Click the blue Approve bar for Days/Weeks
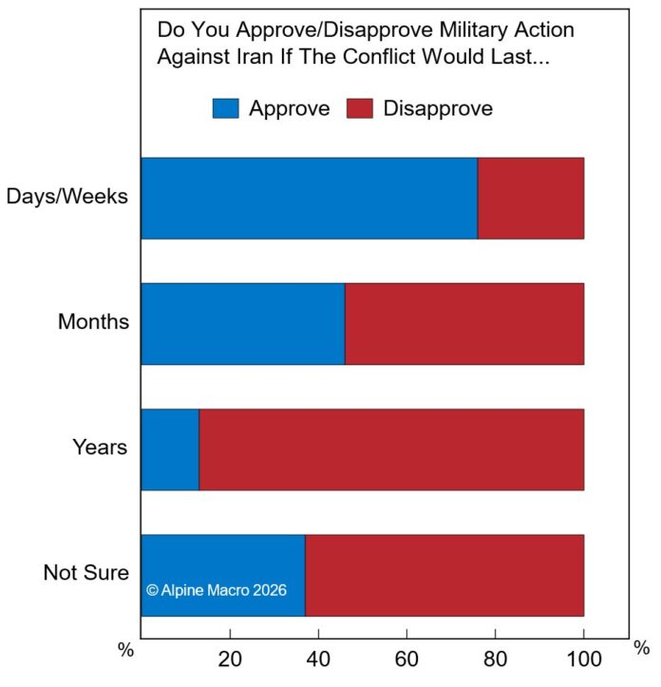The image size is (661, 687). coord(309,198)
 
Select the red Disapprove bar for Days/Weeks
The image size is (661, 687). coord(530,198)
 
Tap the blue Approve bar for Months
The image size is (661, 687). coord(242,324)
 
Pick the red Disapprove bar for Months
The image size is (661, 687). coord(463,324)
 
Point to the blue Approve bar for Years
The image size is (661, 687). coord(170,449)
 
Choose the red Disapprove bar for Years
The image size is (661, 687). coord(391,449)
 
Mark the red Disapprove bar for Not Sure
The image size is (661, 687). coord(444,575)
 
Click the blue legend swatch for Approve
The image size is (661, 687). coord(225,108)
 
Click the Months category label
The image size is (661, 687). coord(93,321)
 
